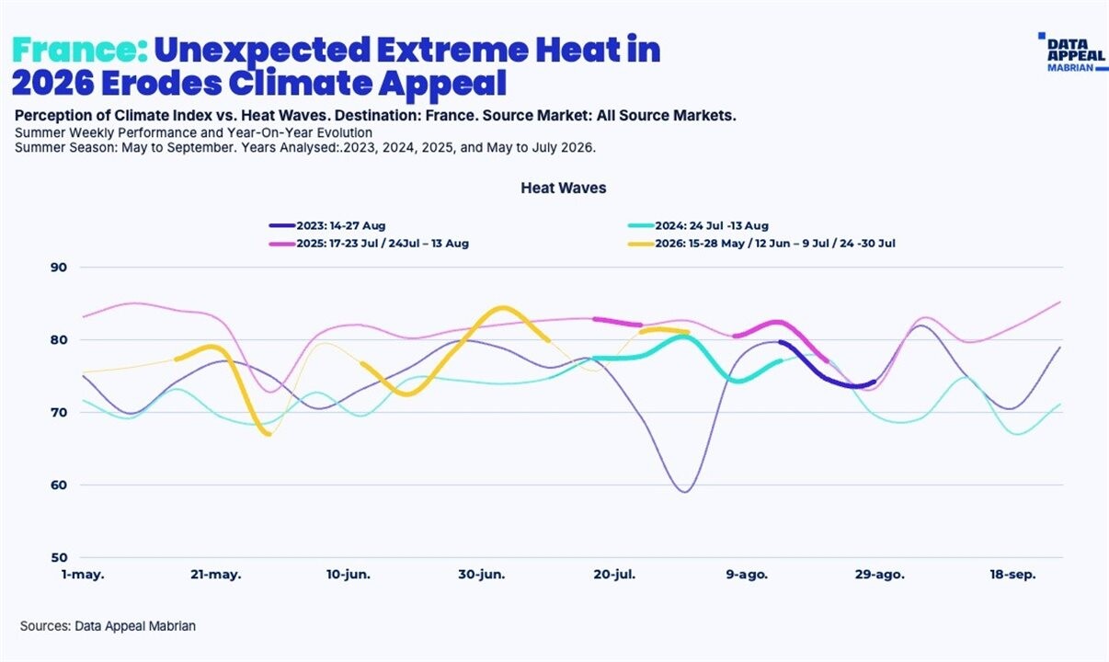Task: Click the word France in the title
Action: pyautogui.click(x=80, y=50)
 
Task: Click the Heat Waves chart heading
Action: pyautogui.click(x=564, y=188)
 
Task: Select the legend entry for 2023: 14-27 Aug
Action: pyautogui.click(x=327, y=226)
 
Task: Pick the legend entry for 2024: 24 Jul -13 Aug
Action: pyautogui.click(x=698, y=226)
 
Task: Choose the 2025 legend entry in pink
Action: pyautogui.click(x=369, y=244)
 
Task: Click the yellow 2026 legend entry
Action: pyautogui.click(x=761, y=244)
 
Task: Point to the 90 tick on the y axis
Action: pyautogui.click(x=59, y=268)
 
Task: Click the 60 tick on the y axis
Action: pyautogui.click(x=59, y=485)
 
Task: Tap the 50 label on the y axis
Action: pyautogui.click(x=59, y=557)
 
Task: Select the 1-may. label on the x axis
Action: pyautogui.click(x=83, y=575)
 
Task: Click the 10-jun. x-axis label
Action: pyautogui.click(x=348, y=575)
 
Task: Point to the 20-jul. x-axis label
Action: pyautogui.click(x=614, y=575)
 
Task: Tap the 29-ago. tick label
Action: pyautogui.click(x=880, y=575)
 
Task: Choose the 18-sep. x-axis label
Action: pyautogui.click(x=1013, y=575)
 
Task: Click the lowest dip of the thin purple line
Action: pyautogui.click(x=685, y=492)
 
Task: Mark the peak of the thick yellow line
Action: pyautogui.click(x=502, y=308)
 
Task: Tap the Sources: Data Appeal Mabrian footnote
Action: pyautogui.click(x=108, y=626)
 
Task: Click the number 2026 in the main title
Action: pyautogui.click(x=52, y=83)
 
